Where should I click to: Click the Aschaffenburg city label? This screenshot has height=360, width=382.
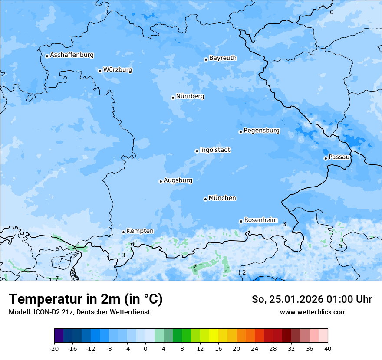(x=72, y=55)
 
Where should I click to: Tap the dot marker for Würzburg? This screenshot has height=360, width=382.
(x=100, y=71)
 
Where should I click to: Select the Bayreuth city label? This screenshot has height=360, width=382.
(x=223, y=58)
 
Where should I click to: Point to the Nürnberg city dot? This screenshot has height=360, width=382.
(x=173, y=98)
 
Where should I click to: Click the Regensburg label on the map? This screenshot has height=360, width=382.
(x=261, y=131)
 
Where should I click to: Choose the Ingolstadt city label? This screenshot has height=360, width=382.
(x=215, y=150)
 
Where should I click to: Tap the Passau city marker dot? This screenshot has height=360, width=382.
(x=326, y=158)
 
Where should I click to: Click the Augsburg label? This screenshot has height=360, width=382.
(x=178, y=180)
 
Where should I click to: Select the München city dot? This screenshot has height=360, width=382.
(x=205, y=199)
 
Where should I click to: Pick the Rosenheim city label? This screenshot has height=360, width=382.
(x=260, y=220)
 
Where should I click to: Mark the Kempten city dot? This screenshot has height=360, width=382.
(x=123, y=232)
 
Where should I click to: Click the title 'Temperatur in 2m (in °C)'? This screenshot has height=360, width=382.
(x=86, y=299)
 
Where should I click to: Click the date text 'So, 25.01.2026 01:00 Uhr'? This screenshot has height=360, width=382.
(x=312, y=299)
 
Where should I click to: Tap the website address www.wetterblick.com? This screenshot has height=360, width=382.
(x=313, y=312)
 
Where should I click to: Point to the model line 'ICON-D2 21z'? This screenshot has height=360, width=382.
(x=79, y=312)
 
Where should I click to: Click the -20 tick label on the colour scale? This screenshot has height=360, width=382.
(x=54, y=348)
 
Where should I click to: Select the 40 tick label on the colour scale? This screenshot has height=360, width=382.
(x=328, y=348)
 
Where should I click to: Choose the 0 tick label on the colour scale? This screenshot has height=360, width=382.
(x=145, y=348)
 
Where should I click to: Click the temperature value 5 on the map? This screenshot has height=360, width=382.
(x=340, y=246)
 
